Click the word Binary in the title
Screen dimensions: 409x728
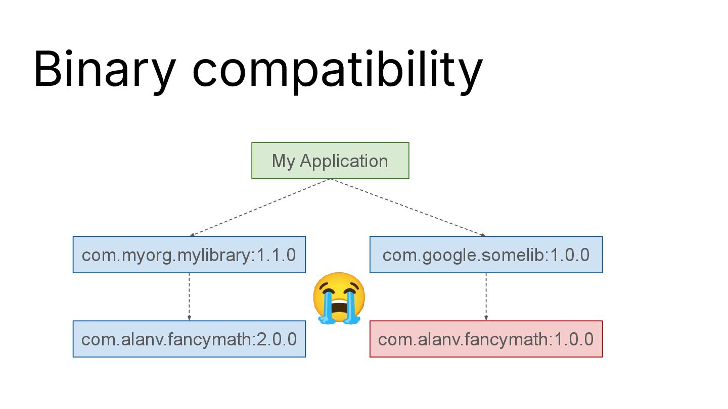pyautogui.click(x=104, y=69)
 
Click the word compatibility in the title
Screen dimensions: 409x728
pyautogui.click(x=337, y=69)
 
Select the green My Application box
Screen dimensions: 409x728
pyautogui.click(x=330, y=161)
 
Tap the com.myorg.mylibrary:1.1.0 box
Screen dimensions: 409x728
pyautogui.click(x=189, y=254)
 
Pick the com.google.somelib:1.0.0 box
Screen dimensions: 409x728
pyautogui.click(x=486, y=254)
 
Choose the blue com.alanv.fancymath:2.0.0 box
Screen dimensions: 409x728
pyautogui.click(x=189, y=339)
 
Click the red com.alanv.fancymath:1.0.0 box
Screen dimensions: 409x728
pyautogui.click(x=486, y=339)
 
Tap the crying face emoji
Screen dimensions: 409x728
pyautogui.click(x=339, y=298)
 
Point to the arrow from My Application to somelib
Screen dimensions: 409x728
pyautogui.click(x=408, y=208)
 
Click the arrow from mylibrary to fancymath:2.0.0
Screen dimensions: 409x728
pyautogui.click(x=189, y=296)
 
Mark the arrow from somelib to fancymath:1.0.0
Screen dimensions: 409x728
pyautogui.click(x=486, y=296)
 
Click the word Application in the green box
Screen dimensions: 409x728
pyautogui.click(x=344, y=161)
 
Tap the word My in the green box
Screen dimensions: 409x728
pyautogui.click(x=283, y=161)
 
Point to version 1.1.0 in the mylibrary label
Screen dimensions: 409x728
pyautogui.click(x=276, y=255)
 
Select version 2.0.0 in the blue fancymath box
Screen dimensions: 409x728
pyautogui.click(x=277, y=339)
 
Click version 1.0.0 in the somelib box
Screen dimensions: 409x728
pyautogui.click(x=569, y=255)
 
